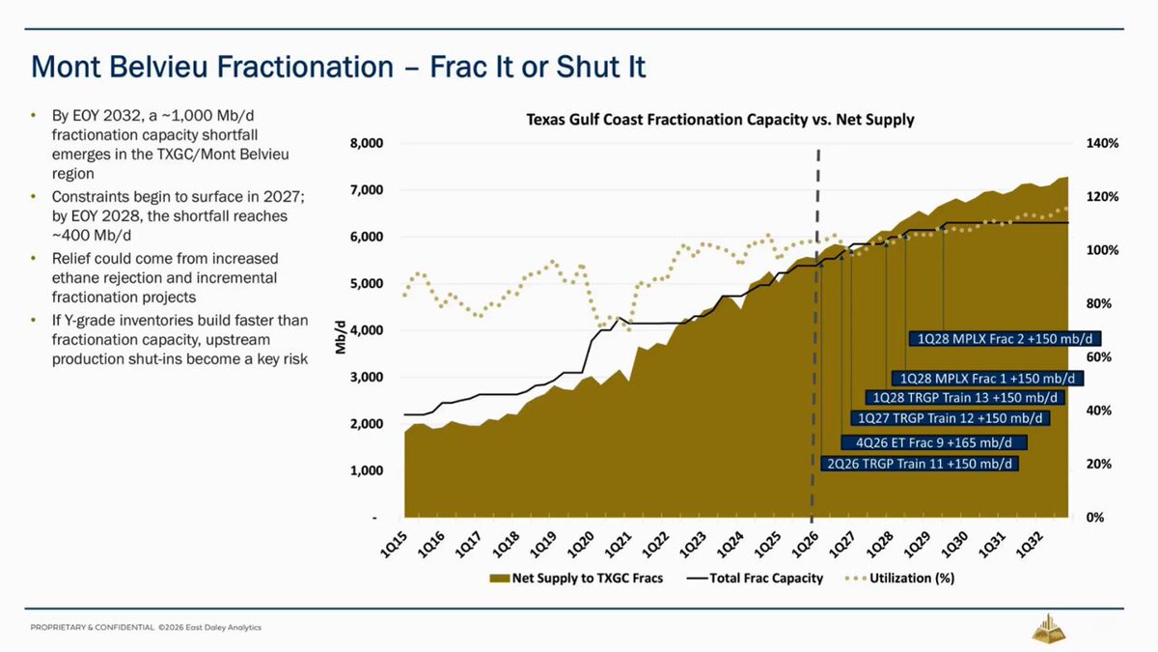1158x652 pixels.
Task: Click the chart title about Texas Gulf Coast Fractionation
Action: pyautogui.click(x=720, y=120)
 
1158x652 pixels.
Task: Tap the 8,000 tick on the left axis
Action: pyautogui.click(x=367, y=143)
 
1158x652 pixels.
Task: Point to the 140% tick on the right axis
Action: pyautogui.click(x=1103, y=143)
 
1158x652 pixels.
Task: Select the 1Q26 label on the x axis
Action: pyautogui.click(x=806, y=546)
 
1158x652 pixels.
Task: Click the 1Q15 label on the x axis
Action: pyautogui.click(x=394, y=546)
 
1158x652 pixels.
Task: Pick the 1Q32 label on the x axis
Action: pyautogui.click(x=1030, y=546)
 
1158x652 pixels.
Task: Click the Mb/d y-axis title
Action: pyautogui.click(x=340, y=337)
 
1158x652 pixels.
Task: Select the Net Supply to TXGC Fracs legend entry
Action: pyautogui.click(x=576, y=578)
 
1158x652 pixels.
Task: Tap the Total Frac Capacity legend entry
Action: pyautogui.click(x=756, y=578)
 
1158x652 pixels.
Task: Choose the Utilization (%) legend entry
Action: pyautogui.click(x=899, y=578)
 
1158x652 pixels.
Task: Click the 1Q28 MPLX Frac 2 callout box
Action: pyautogui.click(x=1005, y=339)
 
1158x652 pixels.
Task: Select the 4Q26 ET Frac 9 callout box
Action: pyautogui.click(x=934, y=443)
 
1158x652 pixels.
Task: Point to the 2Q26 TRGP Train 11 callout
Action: pyautogui.click(x=920, y=464)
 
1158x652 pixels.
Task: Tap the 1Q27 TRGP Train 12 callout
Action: pyautogui.click(x=951, y=418)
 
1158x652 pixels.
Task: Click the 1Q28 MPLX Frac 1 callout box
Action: pyautogui.click(x=987, y=379)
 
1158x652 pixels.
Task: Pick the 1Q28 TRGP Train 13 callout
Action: pyautogui.click(x=965, y=397)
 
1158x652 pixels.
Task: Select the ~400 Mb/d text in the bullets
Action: pyautogui.click(x=92, y=236)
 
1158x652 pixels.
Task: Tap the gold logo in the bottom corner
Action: pyautogui.click(x=1049, y=628)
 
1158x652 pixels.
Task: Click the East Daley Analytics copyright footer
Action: pyautogui.click(x=146, y=628)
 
